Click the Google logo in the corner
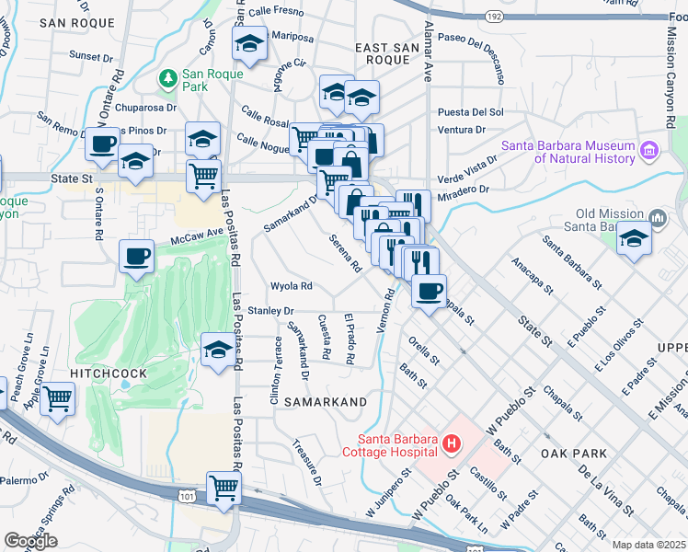(30, 541)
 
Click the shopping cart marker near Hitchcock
(57, 399)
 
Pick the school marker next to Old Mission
(633, 238)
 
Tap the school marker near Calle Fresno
(249, 42)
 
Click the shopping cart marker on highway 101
(224, 488)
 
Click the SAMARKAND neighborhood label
(325, 402)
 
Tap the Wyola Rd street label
(292, 285)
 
